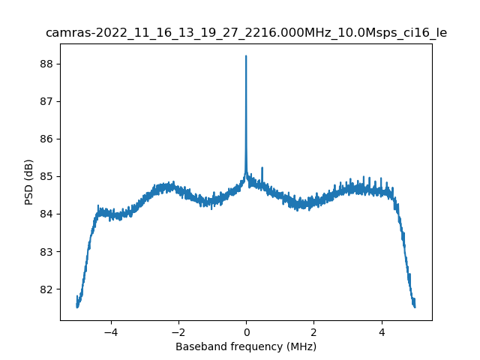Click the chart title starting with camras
point(246,33)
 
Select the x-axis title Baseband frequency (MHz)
point(246,346)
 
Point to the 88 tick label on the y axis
point(46,64)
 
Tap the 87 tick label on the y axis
point(46,101)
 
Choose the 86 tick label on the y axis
point(46,139)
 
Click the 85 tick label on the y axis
point(46,176)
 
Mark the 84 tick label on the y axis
point(46,214)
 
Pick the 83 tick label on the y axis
point(46,251)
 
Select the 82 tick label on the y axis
point(46,289)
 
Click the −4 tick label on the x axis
point(110,331)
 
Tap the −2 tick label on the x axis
point(178,331)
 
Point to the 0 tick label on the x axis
point(246,331)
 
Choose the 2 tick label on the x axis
point(313,331)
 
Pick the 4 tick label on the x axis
point(381,331)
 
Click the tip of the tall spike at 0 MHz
point(246,56)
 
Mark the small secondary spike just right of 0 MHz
point(262,168)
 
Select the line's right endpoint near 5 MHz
point(415,305)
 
